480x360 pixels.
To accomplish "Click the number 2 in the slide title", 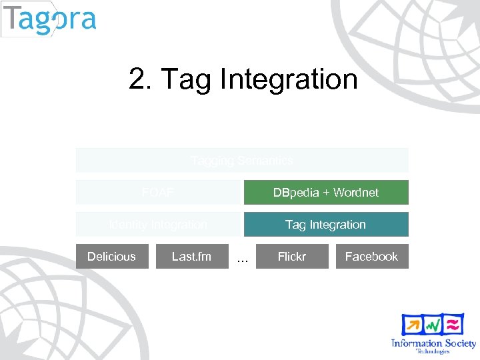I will (x=139, y=79).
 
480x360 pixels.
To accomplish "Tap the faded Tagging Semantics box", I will (x=241, y=160).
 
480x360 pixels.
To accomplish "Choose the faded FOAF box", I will (x=158, y=192).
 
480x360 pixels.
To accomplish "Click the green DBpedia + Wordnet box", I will (x=325, y=192).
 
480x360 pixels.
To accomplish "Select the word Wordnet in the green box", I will (x=355, y=192).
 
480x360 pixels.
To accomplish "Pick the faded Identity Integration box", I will (x=158, y=225).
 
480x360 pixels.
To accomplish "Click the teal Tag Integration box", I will (x=325, y=225).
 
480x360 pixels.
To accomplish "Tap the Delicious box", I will (x=111, y=257).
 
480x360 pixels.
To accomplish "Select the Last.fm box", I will (x=191, y=257).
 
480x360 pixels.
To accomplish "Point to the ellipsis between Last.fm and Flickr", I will (x=243, y=259).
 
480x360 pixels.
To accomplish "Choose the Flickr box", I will (x=292, y=257).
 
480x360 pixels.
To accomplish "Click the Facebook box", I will (x=371, y=257).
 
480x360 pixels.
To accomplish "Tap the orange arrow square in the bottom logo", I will (x=412, y=325).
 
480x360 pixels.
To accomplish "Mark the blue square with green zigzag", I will (x=433, y=325).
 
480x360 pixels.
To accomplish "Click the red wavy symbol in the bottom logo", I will (x=453, y=324).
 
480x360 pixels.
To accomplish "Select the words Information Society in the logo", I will (x=433, y=343).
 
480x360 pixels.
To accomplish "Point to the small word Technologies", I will (x=433, y=351).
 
